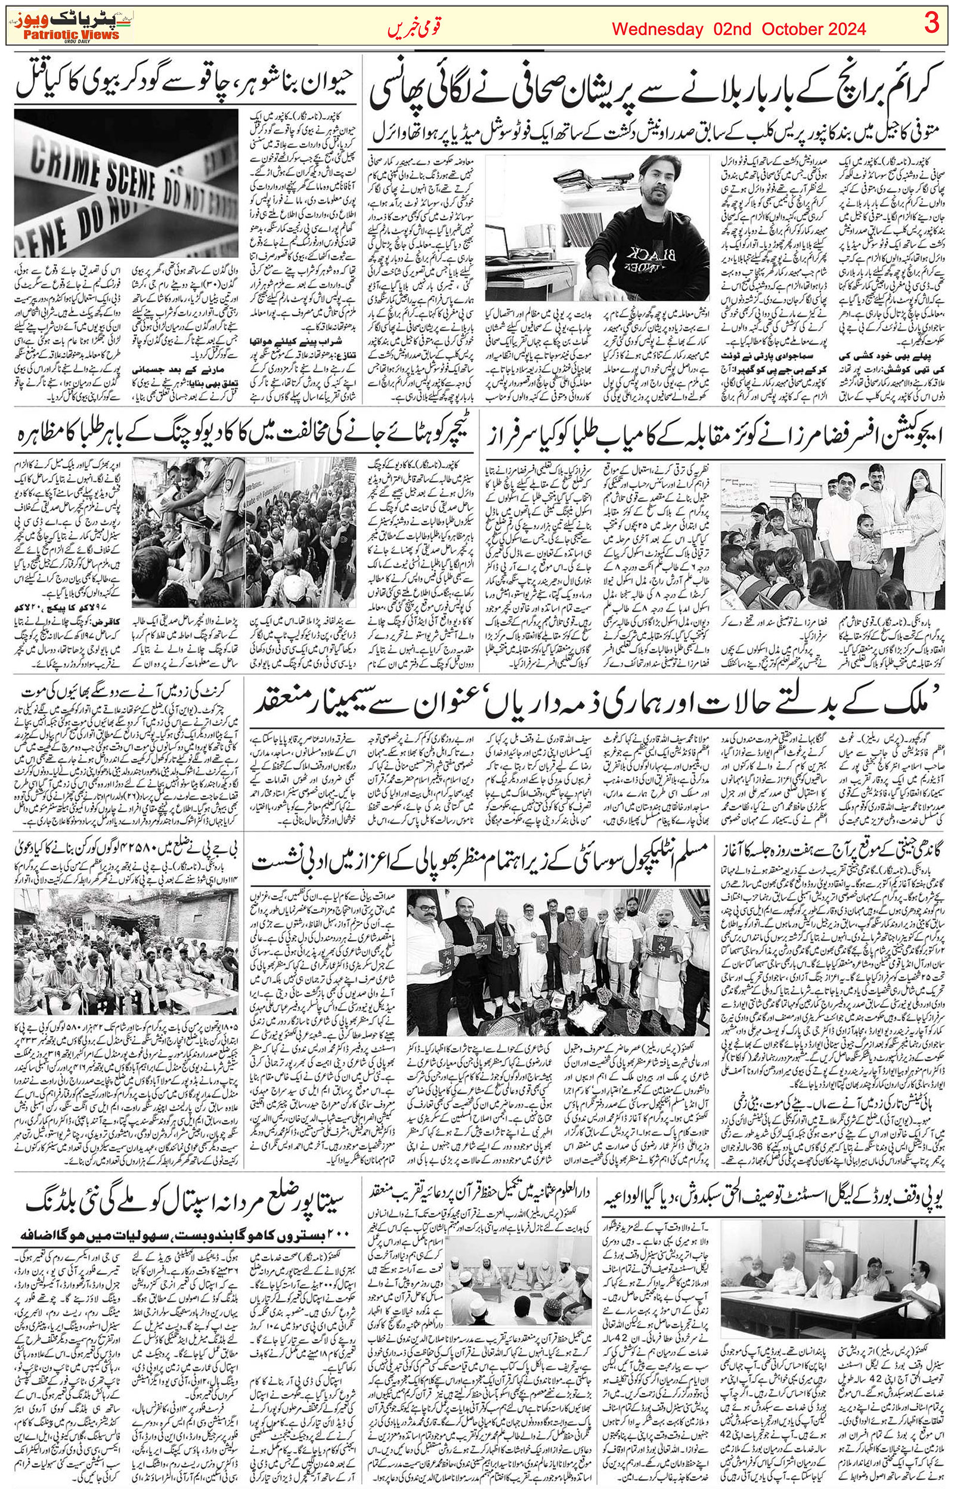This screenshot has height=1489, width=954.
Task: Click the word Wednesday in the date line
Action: click(657, 29)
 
